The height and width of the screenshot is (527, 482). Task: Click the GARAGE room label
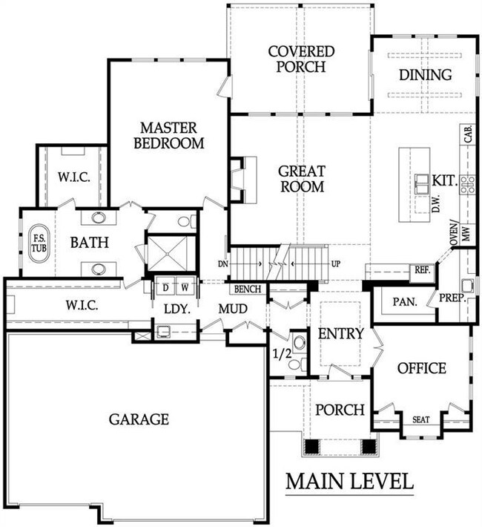[139, 419]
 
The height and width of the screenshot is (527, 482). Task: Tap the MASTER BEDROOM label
[168, 135]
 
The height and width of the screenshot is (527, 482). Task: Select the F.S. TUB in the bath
[39, 243]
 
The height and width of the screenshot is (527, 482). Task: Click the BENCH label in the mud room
[248, 289]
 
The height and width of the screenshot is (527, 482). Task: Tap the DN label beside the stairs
[222, 264]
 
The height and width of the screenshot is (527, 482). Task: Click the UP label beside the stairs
[336, 263]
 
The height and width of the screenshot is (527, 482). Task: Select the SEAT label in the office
[421, 419]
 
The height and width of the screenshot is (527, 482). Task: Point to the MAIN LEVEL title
[350, 481]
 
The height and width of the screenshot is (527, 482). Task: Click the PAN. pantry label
[405, 302]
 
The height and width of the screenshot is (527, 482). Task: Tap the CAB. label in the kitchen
[468, 134]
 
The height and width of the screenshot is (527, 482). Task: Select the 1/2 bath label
[282, 353]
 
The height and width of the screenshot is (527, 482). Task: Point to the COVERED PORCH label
[301, 59]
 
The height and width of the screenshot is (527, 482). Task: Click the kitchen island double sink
[421, 184]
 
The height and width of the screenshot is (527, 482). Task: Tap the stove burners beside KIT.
[468, 185]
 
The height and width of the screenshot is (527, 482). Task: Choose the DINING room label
[425, 75]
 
